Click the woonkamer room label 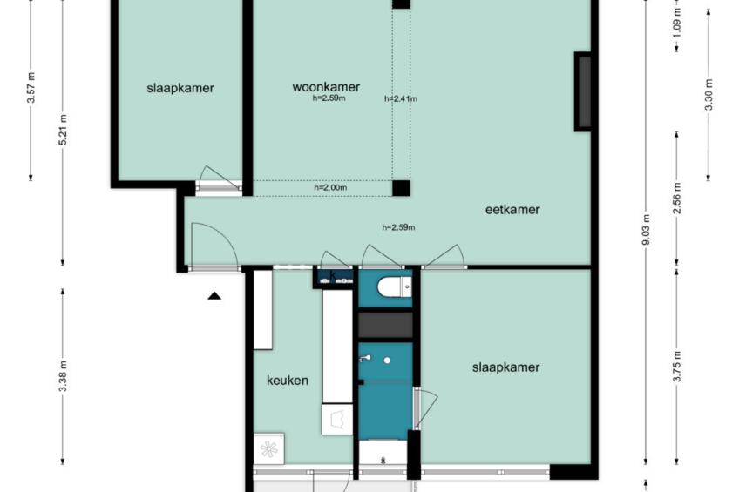pos(326,87)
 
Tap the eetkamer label pos(512,210)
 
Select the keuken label pos(288,381)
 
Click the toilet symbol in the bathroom pos(394,286)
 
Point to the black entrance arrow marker pos(215,296)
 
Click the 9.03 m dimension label pos(646,230)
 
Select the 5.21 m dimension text pos(63,129)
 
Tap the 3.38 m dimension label pos(63,375)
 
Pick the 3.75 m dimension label pos(677,367)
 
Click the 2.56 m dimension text pos(677,198)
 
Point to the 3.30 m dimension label pos(708,95)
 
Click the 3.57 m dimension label pos(31,88)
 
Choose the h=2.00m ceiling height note pos(330,187)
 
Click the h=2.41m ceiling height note pos(401,99)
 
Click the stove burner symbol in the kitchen pos(269,448)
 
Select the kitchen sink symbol pos(337,419)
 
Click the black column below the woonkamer pos(401,188)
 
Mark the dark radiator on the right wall pos(582,91)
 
